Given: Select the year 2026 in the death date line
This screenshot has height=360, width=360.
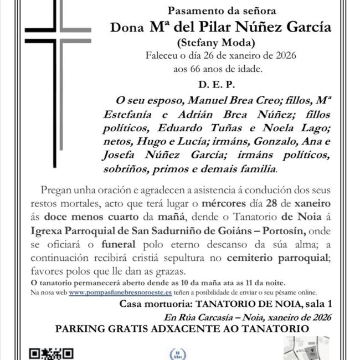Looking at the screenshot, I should click(285, 56).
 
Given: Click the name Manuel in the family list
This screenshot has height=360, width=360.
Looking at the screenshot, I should click(214, 101).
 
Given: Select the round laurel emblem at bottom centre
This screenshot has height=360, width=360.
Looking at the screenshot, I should click(176, 353).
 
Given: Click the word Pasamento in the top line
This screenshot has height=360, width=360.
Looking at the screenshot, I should click(191, 10).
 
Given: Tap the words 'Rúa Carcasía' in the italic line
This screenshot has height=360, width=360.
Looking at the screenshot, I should click(201, 317).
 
